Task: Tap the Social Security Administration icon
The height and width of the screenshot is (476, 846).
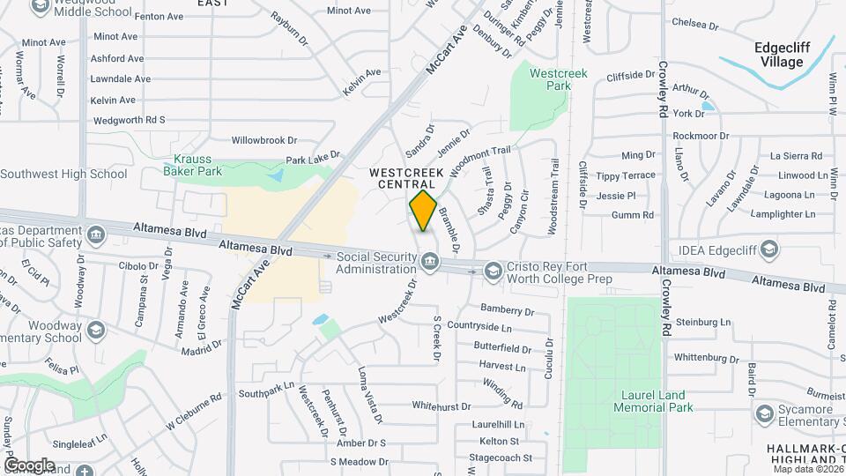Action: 429,263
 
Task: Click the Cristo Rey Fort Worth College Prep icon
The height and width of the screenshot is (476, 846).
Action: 493,271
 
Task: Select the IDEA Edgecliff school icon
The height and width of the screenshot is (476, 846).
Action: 771,249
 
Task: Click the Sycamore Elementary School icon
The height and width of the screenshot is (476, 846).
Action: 764,413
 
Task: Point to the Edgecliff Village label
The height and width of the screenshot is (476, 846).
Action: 778,55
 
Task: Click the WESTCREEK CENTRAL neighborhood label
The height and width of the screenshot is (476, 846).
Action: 406,178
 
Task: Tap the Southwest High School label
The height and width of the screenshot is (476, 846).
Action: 63,174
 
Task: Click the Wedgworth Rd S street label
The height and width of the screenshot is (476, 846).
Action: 129,120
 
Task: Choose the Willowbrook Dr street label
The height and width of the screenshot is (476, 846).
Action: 264,140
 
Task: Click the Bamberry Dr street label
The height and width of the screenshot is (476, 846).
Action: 507,310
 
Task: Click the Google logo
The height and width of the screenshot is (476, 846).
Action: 29,465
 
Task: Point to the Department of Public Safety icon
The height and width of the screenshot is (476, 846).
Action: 95,234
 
